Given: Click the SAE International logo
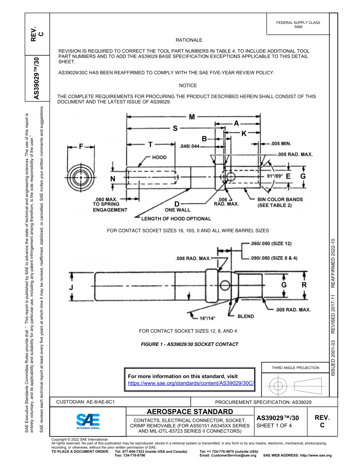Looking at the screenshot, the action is point(88,421).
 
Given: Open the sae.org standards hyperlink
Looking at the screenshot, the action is point(191,383).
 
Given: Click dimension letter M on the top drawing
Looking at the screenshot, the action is point(192,117).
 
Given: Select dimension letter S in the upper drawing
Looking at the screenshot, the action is point(175,129).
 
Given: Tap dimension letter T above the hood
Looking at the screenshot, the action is point(150,144).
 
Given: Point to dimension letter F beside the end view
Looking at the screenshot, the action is point(81,147).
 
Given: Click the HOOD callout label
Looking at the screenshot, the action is point(159,157).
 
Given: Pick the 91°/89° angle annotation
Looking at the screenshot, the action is point(275,176).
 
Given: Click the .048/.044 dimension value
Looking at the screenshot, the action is point(189,146).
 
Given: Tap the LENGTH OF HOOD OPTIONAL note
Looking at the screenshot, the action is point(176,219).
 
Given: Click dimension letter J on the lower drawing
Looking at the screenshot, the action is point(71,288).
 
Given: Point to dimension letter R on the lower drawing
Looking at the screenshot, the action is point(304,285).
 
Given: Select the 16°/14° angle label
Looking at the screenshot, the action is point(207,318).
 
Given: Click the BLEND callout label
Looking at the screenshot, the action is point(246,316).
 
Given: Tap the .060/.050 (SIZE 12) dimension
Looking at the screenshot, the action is point(271,244).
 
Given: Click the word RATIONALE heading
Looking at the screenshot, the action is point(189,40).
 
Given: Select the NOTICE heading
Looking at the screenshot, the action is point(188,86).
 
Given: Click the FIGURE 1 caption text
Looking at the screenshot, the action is point(189,344).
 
